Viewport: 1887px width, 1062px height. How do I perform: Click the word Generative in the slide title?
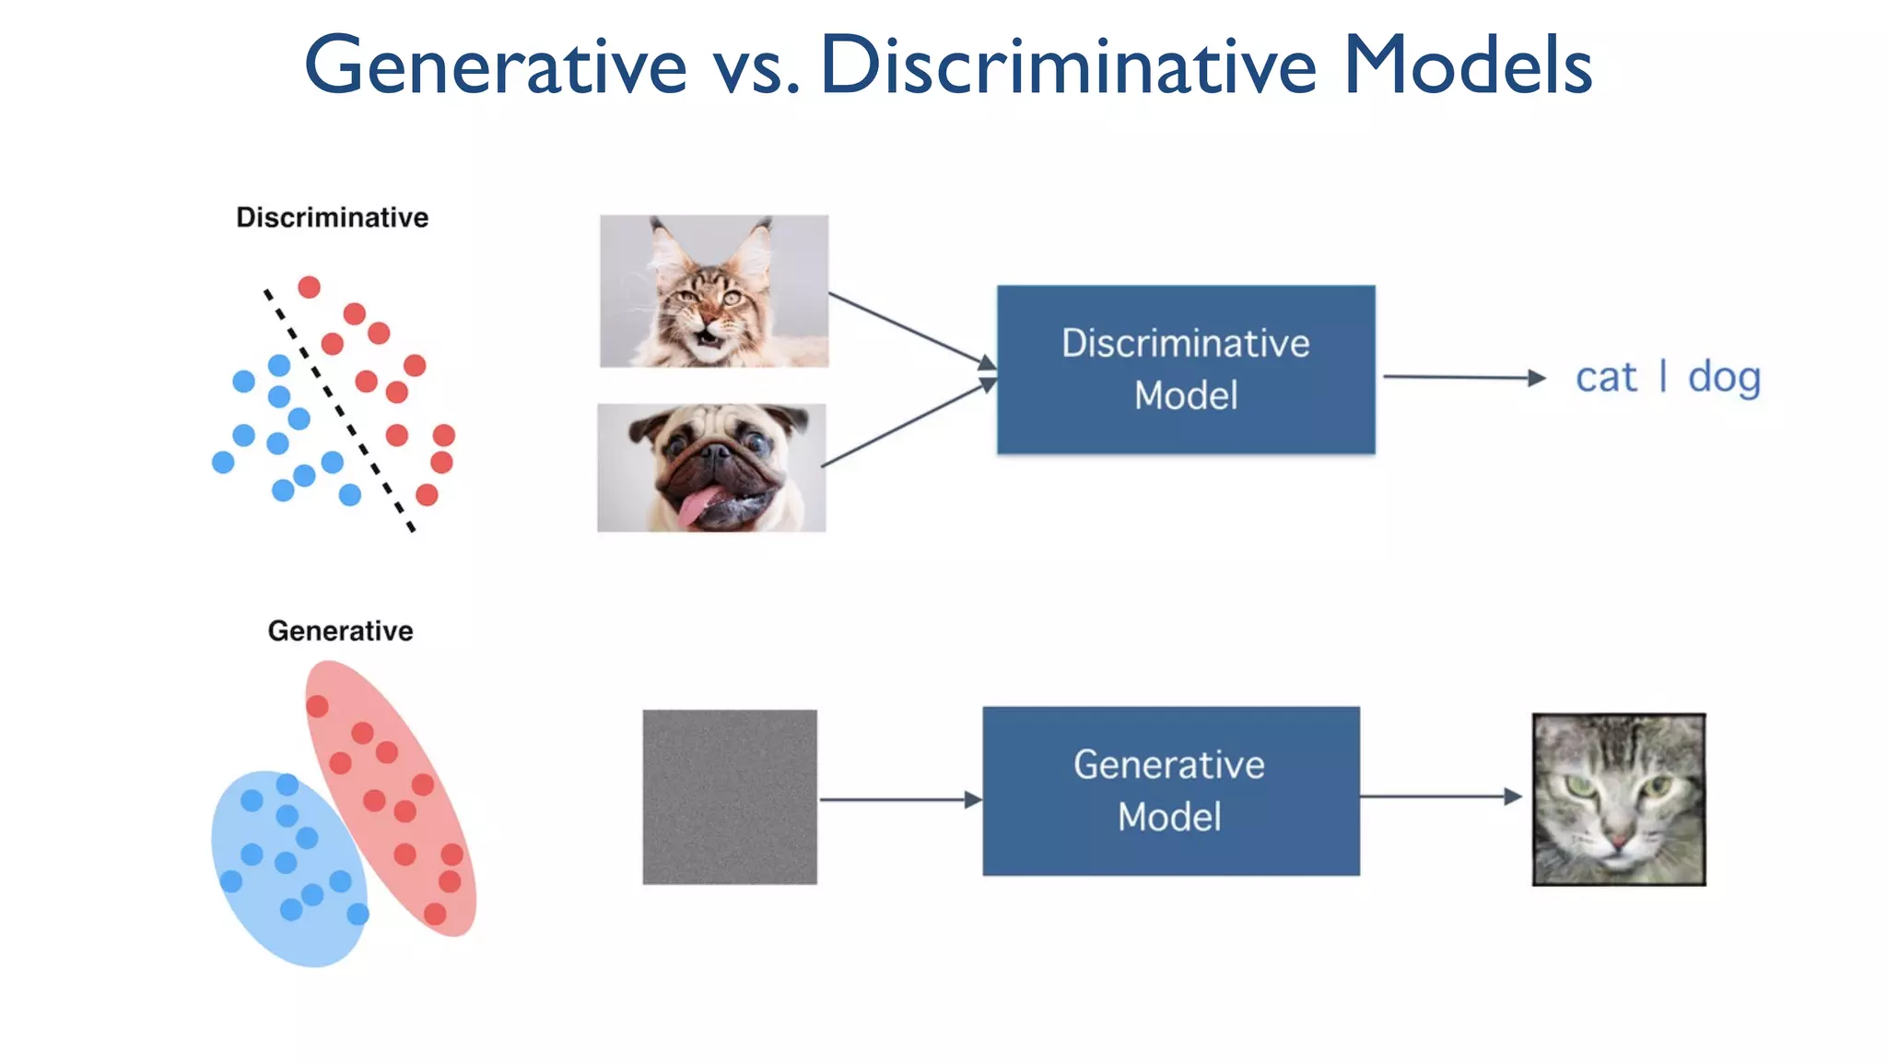[496, 66]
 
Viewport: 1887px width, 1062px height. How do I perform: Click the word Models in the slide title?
[1468, 66]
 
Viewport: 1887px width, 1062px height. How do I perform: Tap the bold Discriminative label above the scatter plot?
[332, 218]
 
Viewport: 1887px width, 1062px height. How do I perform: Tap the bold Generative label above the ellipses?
[340, 631]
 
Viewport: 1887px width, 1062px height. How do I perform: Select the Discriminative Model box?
[1186, 369]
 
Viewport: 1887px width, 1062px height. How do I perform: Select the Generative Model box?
[1170, 791]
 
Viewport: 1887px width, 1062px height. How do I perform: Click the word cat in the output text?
[1606, 377]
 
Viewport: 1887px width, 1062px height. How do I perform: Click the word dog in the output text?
[1724, 377]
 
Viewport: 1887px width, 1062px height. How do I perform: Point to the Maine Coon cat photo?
[714, 291]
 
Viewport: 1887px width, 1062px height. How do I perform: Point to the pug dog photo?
[711, 467]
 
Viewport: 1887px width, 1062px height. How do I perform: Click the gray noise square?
[730, 796]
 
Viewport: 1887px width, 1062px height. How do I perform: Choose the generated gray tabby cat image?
[1619, 799]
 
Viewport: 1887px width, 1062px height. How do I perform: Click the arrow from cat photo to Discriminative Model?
[908, 328]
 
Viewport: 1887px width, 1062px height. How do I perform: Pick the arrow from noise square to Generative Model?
[898, 799]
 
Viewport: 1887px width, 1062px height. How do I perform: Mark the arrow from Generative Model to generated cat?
[1439, 796]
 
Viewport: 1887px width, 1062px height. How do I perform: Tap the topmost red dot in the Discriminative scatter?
[310, 287]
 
